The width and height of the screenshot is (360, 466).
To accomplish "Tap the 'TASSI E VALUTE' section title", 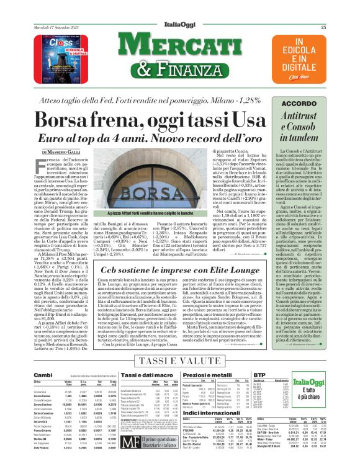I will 163,361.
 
